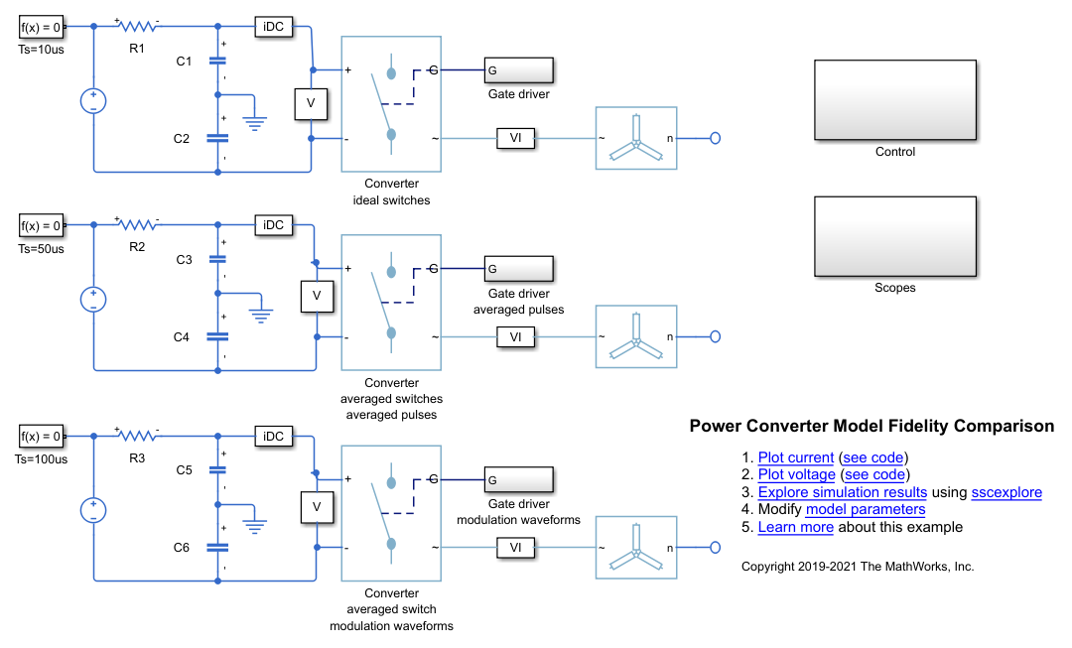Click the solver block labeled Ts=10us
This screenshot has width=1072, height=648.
point(41,28)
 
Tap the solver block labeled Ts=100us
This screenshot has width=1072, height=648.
point(41,436)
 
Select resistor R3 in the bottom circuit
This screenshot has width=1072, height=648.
point(137,436)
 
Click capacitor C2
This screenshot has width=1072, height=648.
point(217,138)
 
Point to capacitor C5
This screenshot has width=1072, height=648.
point(217,470)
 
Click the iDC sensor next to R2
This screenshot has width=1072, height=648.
point(274,225)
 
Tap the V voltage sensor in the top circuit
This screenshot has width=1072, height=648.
point(311,103)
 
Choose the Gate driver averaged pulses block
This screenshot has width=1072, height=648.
point(518,269)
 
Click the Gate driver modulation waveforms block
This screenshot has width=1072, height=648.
point(518,480)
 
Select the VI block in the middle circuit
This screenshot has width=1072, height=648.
point(515,337)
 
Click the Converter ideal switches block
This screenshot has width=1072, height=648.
point(391,103)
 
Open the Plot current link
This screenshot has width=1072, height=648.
point(796,457)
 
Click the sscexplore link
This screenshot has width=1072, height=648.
point(1006,492)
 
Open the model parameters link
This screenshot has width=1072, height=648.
point(866,509)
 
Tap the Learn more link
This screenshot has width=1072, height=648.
point(795,527)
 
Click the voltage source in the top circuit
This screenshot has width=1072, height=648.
point(93,102)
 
